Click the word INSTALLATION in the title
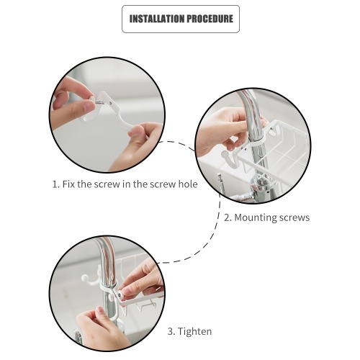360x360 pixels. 157,19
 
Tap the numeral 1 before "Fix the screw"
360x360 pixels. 55,184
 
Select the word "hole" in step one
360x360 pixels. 188,184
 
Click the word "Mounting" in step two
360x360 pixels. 253,217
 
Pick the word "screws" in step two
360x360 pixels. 292,217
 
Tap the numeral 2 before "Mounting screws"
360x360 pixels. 228,217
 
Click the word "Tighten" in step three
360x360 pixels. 194,331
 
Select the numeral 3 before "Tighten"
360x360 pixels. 171,331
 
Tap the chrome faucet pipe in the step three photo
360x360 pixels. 107,276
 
